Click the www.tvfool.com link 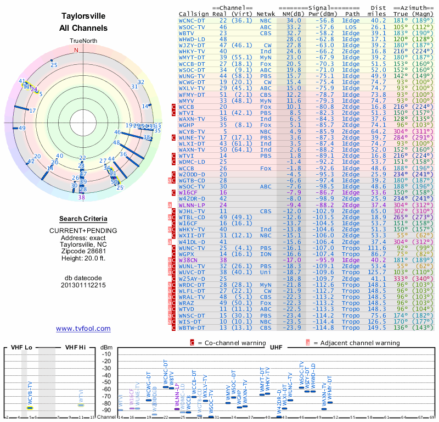point(83,329)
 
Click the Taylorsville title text point(83,16)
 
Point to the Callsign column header point(195,14)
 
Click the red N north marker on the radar point(76,50)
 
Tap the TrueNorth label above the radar point(83,41)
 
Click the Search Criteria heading point(83,219)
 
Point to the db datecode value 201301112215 point(83,286)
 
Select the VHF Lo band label point(20,347)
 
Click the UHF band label point(275,347)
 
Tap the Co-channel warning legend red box point(192,343)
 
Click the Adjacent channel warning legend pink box point(308,343)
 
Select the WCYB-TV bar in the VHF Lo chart point(30,408)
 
